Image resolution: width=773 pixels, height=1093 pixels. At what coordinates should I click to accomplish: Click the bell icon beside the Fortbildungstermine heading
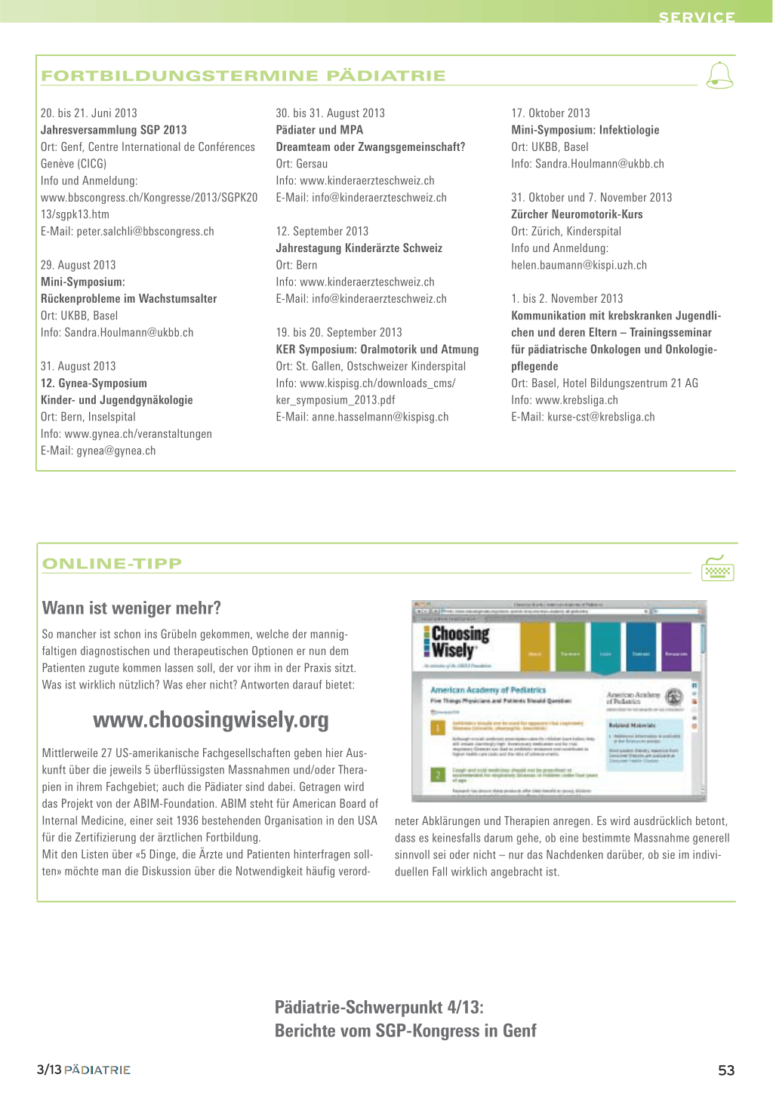point(719,75)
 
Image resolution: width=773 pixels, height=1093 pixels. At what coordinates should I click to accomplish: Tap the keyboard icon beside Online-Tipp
point(717,569)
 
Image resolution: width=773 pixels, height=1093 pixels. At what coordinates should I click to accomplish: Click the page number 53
point(726,1070)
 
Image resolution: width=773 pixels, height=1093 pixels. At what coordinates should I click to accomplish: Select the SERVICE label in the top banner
point(696,17)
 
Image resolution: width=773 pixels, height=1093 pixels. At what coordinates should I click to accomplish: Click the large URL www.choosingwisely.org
point(211,720)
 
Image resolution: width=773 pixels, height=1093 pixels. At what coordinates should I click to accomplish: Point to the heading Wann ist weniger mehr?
point(131,608)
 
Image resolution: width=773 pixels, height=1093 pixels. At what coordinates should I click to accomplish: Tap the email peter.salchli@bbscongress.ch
point(145,232)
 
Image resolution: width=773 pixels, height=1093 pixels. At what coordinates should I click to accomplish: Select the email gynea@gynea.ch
point(115,451)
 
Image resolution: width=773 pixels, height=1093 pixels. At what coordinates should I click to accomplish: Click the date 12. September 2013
point(322,232)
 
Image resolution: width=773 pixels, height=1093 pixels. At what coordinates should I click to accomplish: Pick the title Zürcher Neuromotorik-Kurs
point(577,214)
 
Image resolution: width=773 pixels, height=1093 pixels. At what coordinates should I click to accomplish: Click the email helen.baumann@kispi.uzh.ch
point(579,265)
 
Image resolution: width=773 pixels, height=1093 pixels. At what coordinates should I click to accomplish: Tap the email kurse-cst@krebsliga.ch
point(601,417)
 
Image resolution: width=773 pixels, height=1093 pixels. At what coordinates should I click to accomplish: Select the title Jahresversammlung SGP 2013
point(113,130)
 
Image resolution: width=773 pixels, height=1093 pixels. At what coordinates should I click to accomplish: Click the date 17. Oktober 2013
point(550,113)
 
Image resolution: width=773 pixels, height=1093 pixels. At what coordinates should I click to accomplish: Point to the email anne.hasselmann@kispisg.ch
point(380,417)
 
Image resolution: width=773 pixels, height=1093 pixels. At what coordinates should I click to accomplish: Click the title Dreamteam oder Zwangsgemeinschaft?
point(370,147)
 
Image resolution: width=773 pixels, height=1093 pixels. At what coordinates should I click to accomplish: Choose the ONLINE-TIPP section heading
point(112,563)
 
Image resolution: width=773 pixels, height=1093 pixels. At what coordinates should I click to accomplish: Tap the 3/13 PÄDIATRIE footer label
point(83,1070)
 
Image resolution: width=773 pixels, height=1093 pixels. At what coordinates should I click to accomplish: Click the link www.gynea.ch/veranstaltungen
point(138,434)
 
